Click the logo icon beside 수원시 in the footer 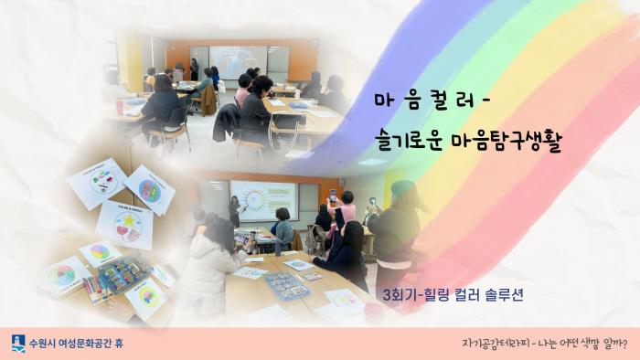point(18,344)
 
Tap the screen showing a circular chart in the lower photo point(263,200)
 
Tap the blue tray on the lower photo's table point(285,287)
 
